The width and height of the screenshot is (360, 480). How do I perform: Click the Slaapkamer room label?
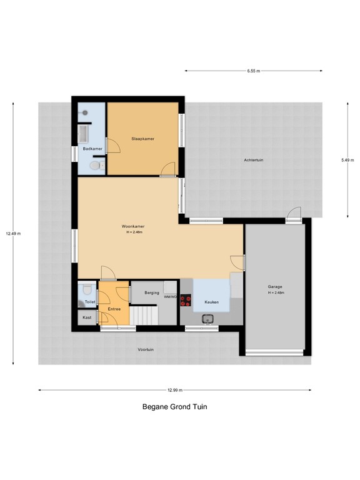click(143, 138)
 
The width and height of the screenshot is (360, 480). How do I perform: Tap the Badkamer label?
click(92, 149)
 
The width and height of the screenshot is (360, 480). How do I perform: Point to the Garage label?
click(276, 287)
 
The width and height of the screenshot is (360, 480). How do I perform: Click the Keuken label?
click(212, 302)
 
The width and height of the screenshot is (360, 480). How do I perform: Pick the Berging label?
click(152, 292)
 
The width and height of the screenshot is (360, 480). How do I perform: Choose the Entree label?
click(114, 309)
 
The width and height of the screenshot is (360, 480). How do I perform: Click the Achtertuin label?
click(254, 161)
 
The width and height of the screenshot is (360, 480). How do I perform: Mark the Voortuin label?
click(146, 349)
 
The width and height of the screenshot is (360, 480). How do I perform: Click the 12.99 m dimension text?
click(174, 391)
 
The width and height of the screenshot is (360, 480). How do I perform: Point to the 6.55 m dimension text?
click(253, 71)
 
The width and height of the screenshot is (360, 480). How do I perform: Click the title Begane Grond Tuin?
click(174, 406)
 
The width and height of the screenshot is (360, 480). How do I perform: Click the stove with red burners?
click(186, 299)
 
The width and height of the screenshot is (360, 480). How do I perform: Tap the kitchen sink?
click(208, 319)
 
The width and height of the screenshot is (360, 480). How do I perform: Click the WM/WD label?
click(171, 297)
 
